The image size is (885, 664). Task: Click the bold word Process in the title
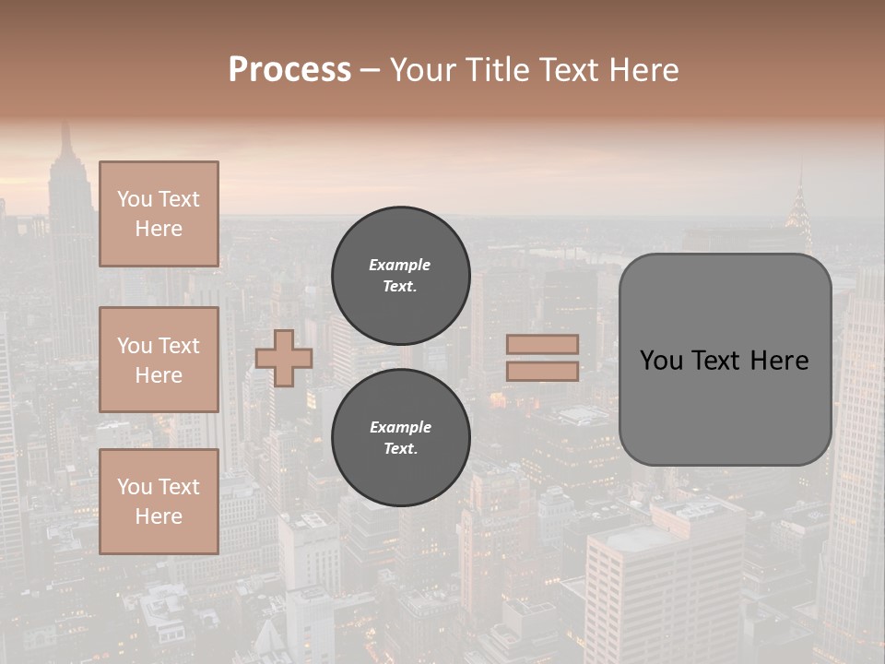(x=289, y=70)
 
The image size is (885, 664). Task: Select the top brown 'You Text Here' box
(x=159, y=214)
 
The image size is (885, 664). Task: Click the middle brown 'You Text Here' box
(x=159, y=360)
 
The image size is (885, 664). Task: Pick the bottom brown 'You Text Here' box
(x=159, y=501)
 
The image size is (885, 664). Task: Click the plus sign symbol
(x=284, y=358)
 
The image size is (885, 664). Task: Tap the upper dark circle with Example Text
(x=400, y=275)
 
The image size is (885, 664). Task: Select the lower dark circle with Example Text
(x=400, y=437)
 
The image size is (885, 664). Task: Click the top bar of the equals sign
(x=542, y=345)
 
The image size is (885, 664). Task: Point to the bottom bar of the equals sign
(x=542, y=372)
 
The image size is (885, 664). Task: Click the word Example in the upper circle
(x=400, y=265)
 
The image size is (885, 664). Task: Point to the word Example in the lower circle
(x=400, y=427)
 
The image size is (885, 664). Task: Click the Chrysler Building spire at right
(x=799, y=189)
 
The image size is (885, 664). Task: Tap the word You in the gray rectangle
(x=661, y=361)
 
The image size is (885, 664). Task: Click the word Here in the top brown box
(x=159, y=229)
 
